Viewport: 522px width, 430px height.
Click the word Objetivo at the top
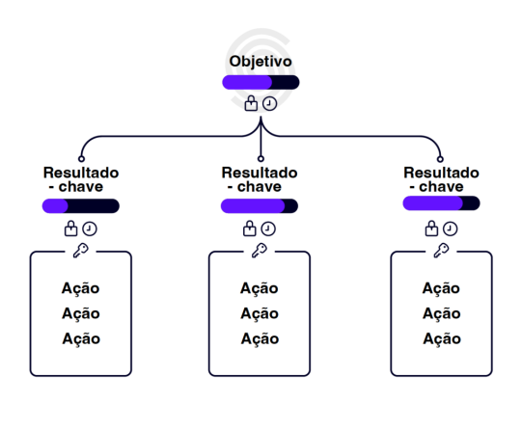[261, 62]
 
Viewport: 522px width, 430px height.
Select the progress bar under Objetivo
[261, 82]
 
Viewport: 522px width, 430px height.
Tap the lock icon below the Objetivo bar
[251, 103]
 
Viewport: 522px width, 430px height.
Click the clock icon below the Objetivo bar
[270, 103]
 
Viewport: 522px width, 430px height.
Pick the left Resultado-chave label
[81, 178]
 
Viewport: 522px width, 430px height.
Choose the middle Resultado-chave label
[260, 178]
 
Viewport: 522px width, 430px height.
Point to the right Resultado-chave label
[441, 178]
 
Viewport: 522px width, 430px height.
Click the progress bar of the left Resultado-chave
[81, 205]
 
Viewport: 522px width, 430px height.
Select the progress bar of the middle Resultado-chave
[260, 205]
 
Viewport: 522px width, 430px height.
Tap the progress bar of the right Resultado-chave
[441, 202]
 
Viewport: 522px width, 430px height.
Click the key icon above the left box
[81, 251]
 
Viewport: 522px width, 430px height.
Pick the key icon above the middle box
[260, 251]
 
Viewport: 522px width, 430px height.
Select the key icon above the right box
[441, 251]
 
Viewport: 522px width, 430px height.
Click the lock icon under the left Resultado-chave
[70, 228]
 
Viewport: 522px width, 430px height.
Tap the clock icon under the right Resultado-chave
[451, 228]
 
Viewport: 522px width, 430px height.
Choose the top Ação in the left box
[80, 288]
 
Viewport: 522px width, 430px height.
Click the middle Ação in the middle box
[260, 313]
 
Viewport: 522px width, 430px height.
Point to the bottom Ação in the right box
[441, 338]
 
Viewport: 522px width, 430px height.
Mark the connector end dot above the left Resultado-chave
[81, 158]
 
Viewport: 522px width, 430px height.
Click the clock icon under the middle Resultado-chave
[268, 228]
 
